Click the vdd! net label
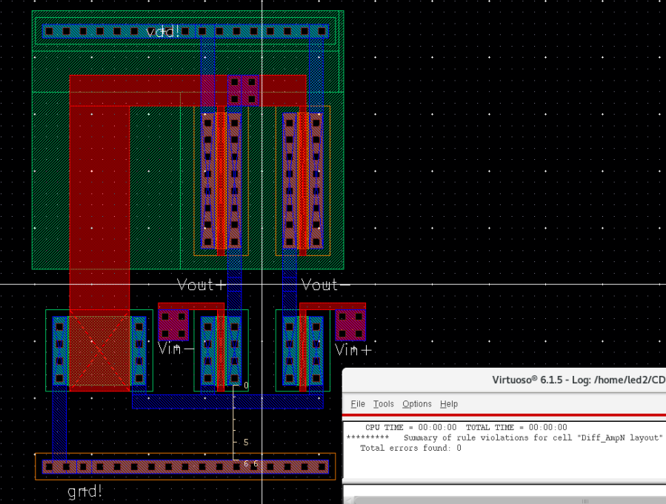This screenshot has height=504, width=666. coord(164,32)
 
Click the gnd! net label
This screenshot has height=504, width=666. coord(85,491)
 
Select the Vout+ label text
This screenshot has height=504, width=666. coord(201,285)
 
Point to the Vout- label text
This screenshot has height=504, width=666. coord(326,285)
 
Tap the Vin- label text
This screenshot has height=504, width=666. coord(176,349)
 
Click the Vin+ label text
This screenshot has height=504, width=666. coord(353,349)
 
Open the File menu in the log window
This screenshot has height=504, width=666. coord(358,404)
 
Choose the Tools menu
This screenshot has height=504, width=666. coord(383,404)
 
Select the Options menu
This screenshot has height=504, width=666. coord(416,404)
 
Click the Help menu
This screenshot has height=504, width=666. coord(449,404)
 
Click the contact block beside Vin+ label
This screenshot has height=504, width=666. coord(350,325)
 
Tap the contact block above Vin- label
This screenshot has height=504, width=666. coord(173,325)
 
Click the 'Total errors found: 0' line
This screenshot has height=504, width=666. coord(410,448)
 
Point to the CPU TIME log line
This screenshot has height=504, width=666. coord(466,427)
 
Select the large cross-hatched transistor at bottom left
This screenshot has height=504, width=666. coord(99,352)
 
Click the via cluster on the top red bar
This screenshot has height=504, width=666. coord(243,89)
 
